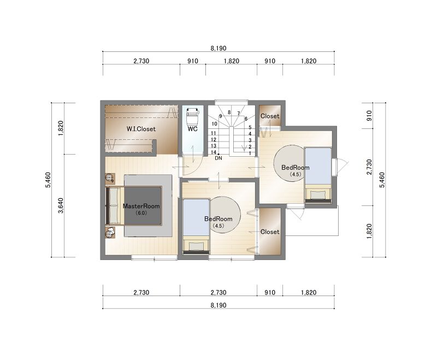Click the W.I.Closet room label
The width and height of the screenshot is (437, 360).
pyautogui.click(x=141, y=129)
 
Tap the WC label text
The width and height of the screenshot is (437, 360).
pyautogui.click(x=192, y=129)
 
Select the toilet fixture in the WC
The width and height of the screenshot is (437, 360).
pyautogui.click(x=192, y=116)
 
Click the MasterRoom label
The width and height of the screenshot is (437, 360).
pyautogui.click(x=141, y=206)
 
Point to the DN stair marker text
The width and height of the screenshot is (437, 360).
pyautogui.click(x=218, y=158)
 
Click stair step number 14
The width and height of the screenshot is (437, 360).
pyautogui.click(x=214, y=152)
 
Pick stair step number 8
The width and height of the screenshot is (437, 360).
pyautogui.click(x=229, y=113)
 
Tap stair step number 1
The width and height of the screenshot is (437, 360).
pyautogui.click(x=250, y=154)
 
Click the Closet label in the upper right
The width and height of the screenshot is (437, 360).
pyautogui.click(x=270, y=116)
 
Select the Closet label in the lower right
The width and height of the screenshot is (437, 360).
pyautogui.click(x=270, y=232)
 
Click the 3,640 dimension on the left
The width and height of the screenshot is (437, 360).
pyautogui.click(x=61, y=205)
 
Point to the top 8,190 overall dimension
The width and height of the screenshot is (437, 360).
pyautogui.click(x=218, y=48)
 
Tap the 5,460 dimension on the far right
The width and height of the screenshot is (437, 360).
pyautogui.click(x=382, y=180)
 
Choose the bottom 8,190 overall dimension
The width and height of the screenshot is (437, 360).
pyautogui.click(x=218, y=305)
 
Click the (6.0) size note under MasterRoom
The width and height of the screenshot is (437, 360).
pyautogui.click(x=141, y=213)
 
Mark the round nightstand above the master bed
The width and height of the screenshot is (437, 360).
pyautogui.click(x=110, y=178)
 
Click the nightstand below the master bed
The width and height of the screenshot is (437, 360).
pyautogui.click(x=110, y=233)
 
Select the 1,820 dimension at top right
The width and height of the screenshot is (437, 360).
pyautogui.click(x=309, y=61)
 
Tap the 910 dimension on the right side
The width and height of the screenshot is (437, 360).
pyautogui.click(x=369, y=116)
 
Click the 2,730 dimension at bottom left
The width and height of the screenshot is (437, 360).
pyautogui.click(x=141, y=293)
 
